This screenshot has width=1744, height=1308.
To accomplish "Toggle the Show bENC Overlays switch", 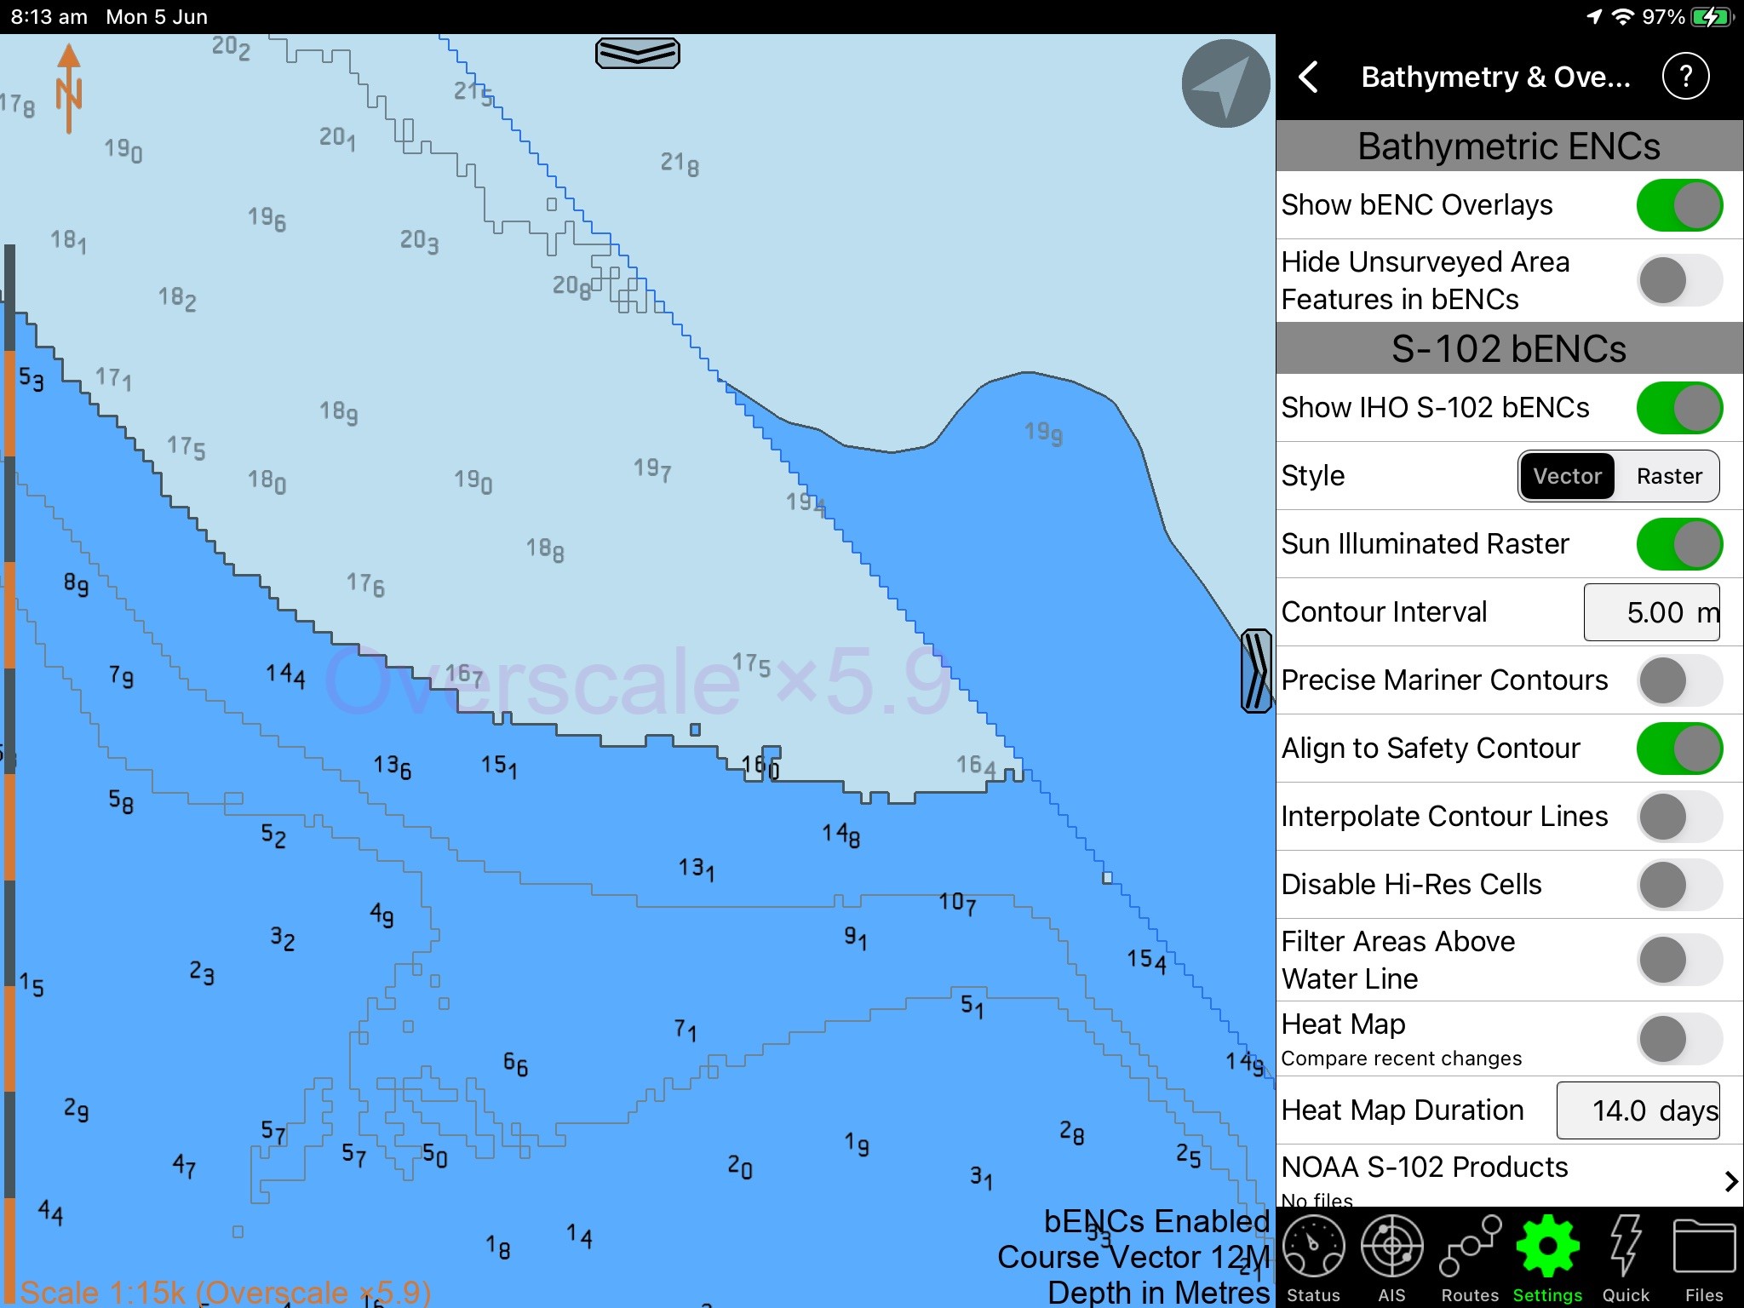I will pyautogui.click(x=1678, y=205).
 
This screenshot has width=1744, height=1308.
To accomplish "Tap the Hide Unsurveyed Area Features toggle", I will pyautogui.click(x=1678, y=280).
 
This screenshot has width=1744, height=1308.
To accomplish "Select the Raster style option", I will pyautogui.click(x=1668, y=476).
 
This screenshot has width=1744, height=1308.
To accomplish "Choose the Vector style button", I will pyautogui.click(x=1567, y=476).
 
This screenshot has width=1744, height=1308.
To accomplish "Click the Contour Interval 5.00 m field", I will pyautogui.click(x=1651, y=612).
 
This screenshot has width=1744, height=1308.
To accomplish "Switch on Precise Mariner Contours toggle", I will pyautogui.click(x=1678, y=680).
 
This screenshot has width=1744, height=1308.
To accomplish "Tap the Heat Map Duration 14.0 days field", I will pyautogui.click(x=1638, y=1110).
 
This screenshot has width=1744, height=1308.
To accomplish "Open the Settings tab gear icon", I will pyautogui.click(x=1547, y=1249).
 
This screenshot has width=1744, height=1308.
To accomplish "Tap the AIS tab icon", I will pyautogui.click(x=1391, y=1249).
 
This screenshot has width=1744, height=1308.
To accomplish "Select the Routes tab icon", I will pyautogui.click(x=1470, y=1249).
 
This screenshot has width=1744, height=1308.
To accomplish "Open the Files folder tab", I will pyautogui.click(x=1703, y=1249).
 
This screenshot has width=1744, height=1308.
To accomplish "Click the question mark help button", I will pyautogui.click(x=1685, y=77).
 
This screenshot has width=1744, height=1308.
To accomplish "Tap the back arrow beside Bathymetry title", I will pyautogui.click(x=1309, y=77).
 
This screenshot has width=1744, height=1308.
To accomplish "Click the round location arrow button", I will pyautogui.click(x=1225, y=83).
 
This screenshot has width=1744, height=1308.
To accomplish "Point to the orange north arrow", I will pyautogui.click(x=69, y=89).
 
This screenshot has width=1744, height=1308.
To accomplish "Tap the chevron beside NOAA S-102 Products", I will pyautogui.click(x=1730, y=1181).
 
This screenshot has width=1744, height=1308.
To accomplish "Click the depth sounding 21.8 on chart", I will pyautogui.click(x=680, y=163).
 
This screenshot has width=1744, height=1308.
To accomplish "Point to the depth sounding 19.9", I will pyautogui.click(x=1043, y=433).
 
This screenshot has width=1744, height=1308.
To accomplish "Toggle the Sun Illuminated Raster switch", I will pyautogui.click(x=1678, y=544).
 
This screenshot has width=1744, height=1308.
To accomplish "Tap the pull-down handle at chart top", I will pyautogui.click(x=637, y=53).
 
